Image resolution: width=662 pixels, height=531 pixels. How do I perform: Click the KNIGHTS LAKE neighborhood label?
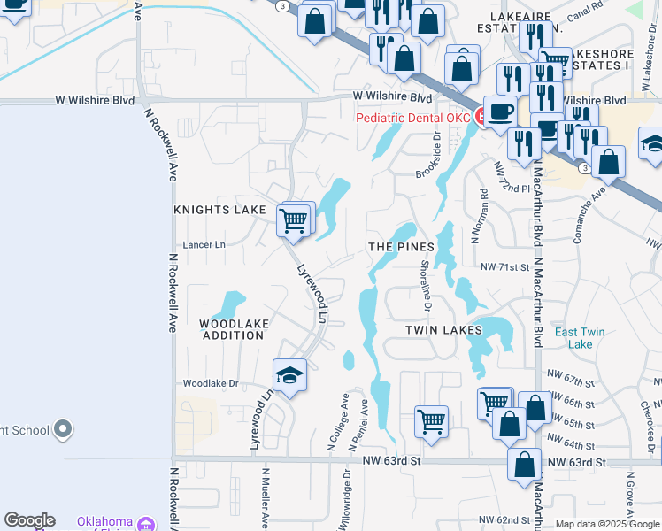tap(219, 210)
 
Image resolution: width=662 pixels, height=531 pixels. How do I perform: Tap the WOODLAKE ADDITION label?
tap(234, 329)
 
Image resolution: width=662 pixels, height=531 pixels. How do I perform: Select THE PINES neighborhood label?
tap(401, 247)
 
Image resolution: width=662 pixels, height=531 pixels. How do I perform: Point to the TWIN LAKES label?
tap(443, 329)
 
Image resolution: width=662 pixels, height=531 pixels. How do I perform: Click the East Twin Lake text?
tap(580, 338)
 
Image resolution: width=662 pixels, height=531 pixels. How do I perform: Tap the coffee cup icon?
tap(501, 112)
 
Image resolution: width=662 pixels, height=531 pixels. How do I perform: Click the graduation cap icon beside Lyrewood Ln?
tap(289, 376)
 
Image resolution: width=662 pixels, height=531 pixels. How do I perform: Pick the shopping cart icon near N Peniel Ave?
tap(431, 420)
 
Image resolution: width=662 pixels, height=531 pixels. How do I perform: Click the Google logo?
tap(29, 520)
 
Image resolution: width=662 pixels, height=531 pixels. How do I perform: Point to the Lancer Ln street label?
tap(204, 244)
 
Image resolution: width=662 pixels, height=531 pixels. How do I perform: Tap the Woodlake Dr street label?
tap(211, 383)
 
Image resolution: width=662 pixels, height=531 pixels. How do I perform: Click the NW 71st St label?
tap(504, 266)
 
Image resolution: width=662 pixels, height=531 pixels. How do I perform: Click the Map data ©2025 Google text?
tap(606, 524)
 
